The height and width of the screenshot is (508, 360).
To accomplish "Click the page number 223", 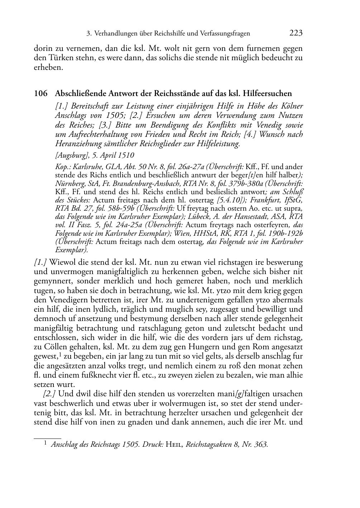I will point(296,33).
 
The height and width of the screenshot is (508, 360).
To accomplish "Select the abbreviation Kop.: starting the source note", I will point(63,167).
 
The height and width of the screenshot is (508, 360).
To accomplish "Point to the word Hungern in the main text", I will point(189,346).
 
